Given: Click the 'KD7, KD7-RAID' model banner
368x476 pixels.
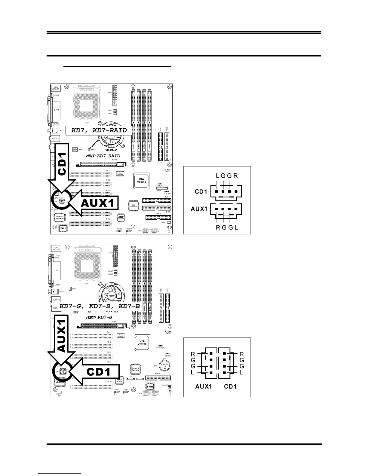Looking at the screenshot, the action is pos(99,130).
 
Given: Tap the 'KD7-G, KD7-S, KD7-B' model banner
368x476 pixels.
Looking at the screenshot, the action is pos(100,307).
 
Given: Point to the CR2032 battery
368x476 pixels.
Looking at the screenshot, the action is pos(164,366).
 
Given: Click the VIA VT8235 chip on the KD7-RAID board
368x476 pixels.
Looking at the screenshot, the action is pos(141,182).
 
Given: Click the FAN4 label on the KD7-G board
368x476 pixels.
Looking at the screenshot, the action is pos(74,289).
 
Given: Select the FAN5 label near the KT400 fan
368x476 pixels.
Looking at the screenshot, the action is pos(93,149).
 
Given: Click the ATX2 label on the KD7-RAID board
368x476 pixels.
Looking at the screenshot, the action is pos(81,149).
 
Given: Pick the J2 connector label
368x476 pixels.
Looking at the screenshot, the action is pos(131,377).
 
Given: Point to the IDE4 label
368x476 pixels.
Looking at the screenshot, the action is pos(167,197).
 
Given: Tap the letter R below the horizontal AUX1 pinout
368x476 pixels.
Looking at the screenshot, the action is pos(218,227).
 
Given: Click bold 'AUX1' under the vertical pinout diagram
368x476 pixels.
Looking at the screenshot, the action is pos(204,386).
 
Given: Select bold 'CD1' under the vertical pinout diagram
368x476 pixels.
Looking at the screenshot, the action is pos(230,386).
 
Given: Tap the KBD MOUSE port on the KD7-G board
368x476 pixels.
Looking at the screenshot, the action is pos(56,248).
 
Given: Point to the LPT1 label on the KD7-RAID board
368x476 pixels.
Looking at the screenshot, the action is pos(57,110).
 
